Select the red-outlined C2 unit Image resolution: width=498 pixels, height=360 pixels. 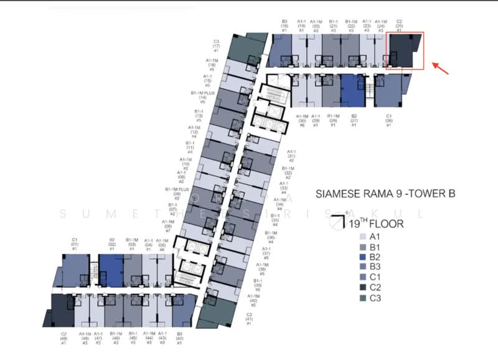coord(406,51)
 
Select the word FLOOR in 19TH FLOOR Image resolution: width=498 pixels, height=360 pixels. coord(387,222)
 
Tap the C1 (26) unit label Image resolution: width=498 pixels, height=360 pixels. coord(388,120)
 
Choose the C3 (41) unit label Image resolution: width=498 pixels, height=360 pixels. coord(249,319)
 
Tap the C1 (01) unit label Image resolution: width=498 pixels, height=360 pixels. coord(75,244)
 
